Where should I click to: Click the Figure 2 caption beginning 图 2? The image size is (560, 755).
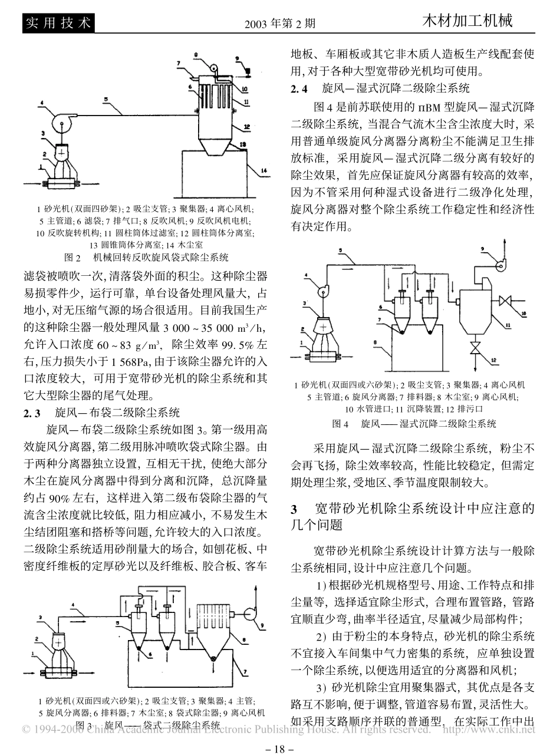point(145,257)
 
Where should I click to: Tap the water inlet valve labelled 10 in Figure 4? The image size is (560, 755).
point(505,302)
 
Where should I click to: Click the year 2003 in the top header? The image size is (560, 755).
point(255,24)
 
